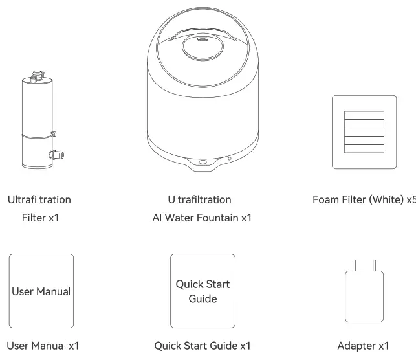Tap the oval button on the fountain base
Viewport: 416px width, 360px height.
203,162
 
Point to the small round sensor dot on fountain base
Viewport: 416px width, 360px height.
228,158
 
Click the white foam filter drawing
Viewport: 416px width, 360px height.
364,132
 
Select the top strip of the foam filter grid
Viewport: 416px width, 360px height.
364,115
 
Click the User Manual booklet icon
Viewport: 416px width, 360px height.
41,291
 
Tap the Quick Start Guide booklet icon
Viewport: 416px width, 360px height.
203,291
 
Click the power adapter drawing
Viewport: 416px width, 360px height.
364,297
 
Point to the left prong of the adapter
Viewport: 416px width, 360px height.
353,265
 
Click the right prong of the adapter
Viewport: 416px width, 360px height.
374,265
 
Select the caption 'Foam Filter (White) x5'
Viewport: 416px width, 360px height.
364,199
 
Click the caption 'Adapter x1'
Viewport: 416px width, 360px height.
364,346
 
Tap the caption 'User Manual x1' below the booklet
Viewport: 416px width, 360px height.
43,346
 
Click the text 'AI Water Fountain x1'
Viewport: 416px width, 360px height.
202,218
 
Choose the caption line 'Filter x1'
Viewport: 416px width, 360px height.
40,218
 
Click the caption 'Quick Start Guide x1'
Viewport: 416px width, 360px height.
203,346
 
